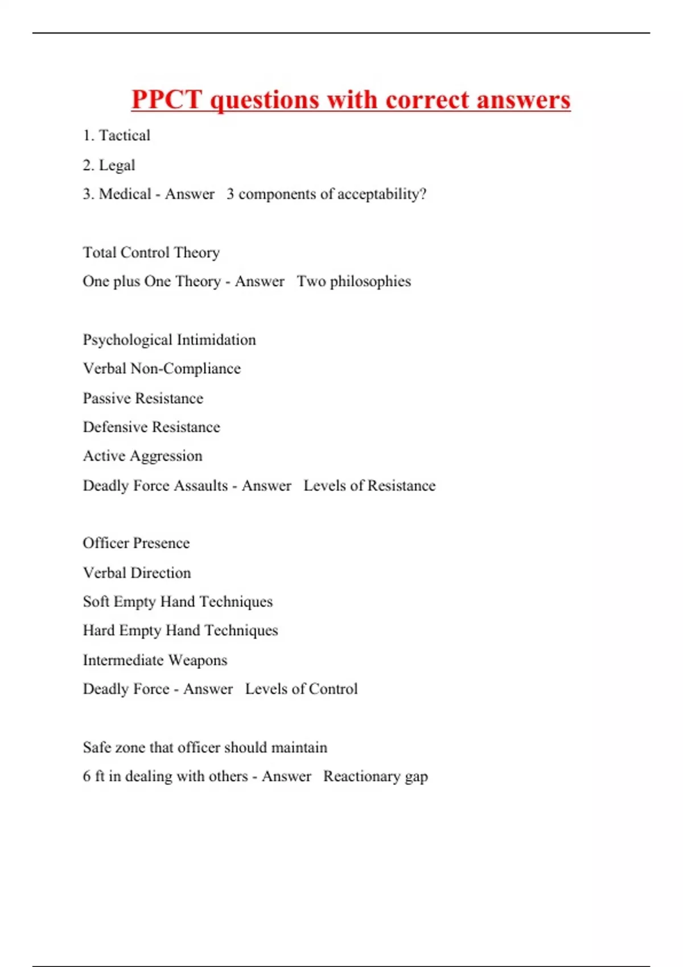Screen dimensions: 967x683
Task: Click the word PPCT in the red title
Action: pyautogui.click(x=167, y=100)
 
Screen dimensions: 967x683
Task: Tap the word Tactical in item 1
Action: pyautogui.click(x=125, y=135)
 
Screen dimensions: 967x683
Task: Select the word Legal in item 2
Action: pyautogui.click(x=117, y=165)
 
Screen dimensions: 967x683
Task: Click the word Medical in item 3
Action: pyautogui.click(x=125, y=194)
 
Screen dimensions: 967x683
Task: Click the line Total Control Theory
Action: pyautogui.click(x=151, y=253)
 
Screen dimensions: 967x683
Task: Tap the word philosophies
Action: pyautogui.click(x=371, y=282)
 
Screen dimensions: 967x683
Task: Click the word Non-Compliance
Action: pyautogui.click(x=186, y=369)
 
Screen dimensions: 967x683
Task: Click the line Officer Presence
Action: pyautogui.click(x=136, y=543)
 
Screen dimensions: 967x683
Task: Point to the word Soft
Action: pyautogui.click(x=96, y=602)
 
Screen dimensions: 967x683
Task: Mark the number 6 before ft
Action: pyautogui.click(x=87, y=776)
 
